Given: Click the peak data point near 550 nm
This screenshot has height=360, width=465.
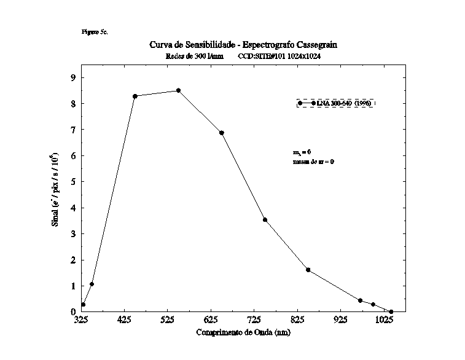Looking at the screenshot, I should coord(178,90).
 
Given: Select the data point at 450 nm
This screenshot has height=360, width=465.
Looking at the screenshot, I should coord(135,96).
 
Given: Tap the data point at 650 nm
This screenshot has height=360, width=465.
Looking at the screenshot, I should coord(221,133).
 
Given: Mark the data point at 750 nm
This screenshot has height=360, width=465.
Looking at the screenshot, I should coord(265,219).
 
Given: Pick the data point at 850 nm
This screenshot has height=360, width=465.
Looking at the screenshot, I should coord(308,270).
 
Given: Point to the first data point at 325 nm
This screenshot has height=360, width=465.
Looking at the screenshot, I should coord(83,305).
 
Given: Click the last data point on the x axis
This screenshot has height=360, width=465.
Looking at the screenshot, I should coord(391,311).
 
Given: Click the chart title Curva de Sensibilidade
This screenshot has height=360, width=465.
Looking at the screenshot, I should coord(243,45).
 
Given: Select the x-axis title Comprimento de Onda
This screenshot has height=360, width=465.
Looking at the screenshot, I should coord(243,332).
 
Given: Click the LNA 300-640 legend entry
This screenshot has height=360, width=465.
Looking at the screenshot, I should coord(335,103).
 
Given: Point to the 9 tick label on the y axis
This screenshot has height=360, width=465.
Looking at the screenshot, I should coord(73,77).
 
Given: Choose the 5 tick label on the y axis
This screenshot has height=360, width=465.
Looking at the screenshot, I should coord(73,182).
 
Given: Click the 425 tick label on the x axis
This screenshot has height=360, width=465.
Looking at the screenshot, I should coord(125,320).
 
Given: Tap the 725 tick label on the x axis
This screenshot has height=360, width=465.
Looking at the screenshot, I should coord(254,320).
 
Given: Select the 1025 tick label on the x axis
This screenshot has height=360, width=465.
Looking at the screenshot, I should coord(384,320).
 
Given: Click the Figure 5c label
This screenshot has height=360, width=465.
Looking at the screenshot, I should coord(94,31).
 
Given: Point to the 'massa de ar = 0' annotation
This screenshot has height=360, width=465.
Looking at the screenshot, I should coord(313,162).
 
